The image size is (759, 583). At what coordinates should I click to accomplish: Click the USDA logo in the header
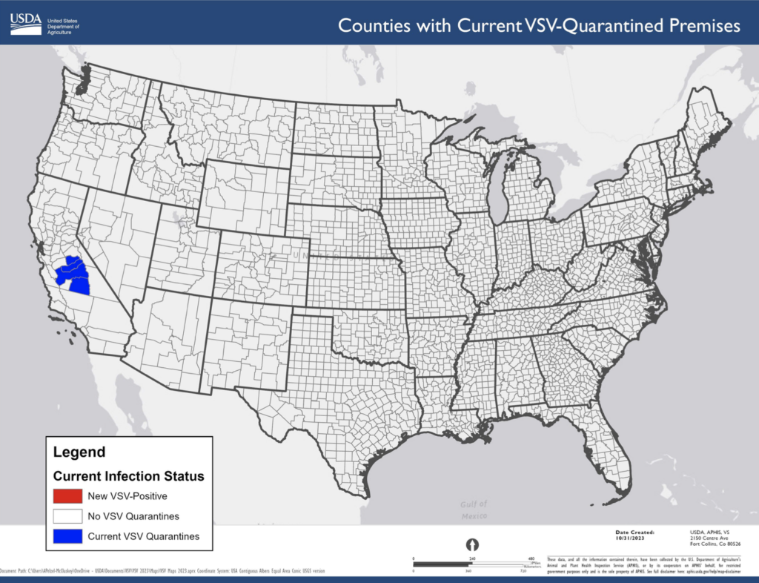[26, 23]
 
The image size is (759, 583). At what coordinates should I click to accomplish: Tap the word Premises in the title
[700, 25]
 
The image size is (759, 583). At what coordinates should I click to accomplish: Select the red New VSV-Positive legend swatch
[67, 495]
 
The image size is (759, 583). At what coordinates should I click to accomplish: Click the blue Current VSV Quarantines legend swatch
[67, 536]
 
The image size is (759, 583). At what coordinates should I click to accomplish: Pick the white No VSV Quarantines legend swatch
[67, 516]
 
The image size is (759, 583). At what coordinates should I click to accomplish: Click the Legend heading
[79, 452]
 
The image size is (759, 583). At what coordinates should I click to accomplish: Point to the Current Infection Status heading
[128, 475]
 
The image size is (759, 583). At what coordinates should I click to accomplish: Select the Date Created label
[634, 532]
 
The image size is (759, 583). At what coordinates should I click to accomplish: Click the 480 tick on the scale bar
[531, 559]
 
